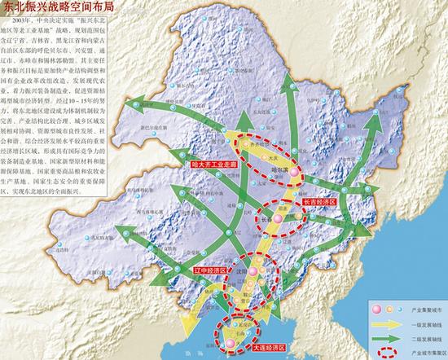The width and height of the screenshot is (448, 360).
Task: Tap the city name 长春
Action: [x=267, y=219]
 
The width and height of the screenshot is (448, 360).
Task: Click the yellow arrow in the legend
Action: [x=379, y=323]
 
